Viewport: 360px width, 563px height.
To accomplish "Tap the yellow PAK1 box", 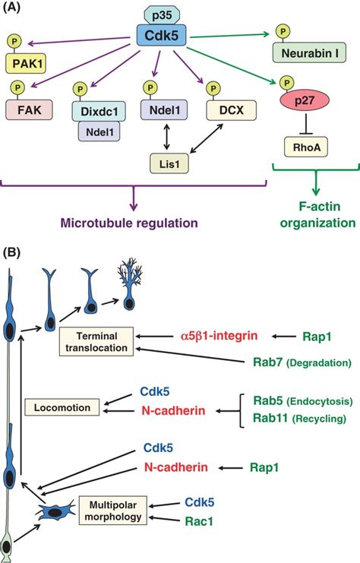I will [26, 62].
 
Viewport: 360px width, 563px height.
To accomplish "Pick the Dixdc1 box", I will [96, 111].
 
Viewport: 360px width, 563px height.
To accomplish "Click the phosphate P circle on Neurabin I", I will [282, 32].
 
